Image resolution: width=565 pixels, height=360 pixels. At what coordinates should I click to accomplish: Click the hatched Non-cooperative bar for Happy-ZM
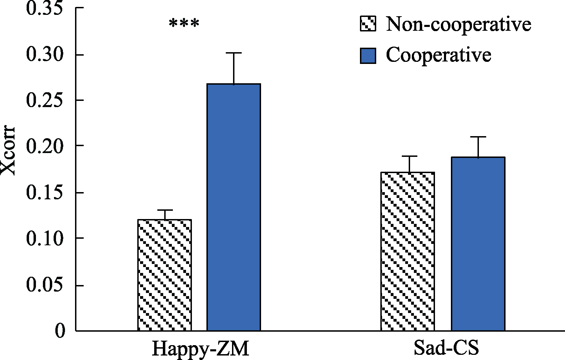[165, 275]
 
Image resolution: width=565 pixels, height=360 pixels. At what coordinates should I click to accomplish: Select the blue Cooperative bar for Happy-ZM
[234, 207]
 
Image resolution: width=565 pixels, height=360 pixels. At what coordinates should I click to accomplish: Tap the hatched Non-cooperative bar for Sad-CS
[408, 252]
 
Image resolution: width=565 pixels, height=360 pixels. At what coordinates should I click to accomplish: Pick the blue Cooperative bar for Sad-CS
[478, 244]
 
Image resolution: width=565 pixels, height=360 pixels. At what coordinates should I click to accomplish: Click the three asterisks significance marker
[184, 24]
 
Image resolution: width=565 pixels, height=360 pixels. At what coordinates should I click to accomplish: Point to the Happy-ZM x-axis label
[200, 349]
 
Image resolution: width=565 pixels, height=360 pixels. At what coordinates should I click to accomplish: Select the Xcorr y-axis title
[8, 151]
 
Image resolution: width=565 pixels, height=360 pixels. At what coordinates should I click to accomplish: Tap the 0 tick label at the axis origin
[60, 331]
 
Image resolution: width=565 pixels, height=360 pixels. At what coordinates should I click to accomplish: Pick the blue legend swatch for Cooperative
[368, 55]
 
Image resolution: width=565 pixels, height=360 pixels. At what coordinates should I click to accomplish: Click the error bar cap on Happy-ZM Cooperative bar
[234, 53]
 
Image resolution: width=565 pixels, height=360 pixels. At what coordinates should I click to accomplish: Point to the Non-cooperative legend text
[459, 24]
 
